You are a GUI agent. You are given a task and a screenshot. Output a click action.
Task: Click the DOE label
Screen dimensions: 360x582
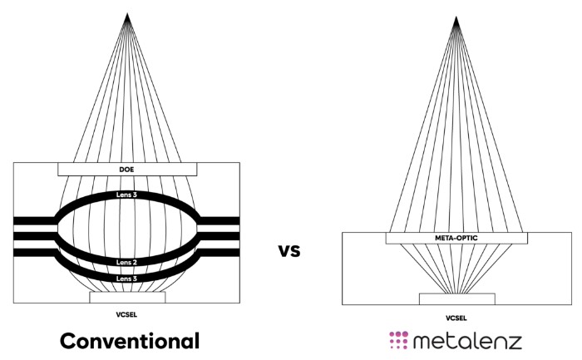tap(127, 169)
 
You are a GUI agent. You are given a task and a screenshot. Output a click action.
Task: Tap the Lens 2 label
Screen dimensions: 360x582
tap(127, 262)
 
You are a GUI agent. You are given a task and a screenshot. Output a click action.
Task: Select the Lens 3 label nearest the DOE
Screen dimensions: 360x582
tap(127, 195)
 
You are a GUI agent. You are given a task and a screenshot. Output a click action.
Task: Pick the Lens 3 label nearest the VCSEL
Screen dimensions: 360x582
tap(127, 279)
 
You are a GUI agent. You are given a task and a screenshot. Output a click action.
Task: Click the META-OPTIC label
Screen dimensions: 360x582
tap(456, 238)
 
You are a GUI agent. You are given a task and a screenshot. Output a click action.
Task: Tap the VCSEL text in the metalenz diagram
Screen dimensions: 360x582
tap(456, 317)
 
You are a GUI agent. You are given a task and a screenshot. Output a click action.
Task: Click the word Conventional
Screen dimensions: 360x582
tap(131, 340)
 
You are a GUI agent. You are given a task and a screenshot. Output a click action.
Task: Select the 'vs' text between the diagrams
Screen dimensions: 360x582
tap(289, 249)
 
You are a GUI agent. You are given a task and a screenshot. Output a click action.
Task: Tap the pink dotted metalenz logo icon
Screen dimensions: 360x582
tap(400, 340)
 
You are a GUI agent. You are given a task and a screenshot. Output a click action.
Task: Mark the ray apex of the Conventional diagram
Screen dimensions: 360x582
tap(127, 14)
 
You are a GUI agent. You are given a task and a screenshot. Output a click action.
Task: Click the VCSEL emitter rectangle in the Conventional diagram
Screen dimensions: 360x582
tap(127, 297)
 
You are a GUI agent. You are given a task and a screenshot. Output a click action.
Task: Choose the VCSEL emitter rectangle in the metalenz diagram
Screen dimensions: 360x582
tap(456, 298)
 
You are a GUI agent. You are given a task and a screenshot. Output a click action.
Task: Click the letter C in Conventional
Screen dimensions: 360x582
tap(69, 340)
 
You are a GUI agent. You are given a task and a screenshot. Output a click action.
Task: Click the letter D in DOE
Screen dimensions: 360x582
tap(121, 169)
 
